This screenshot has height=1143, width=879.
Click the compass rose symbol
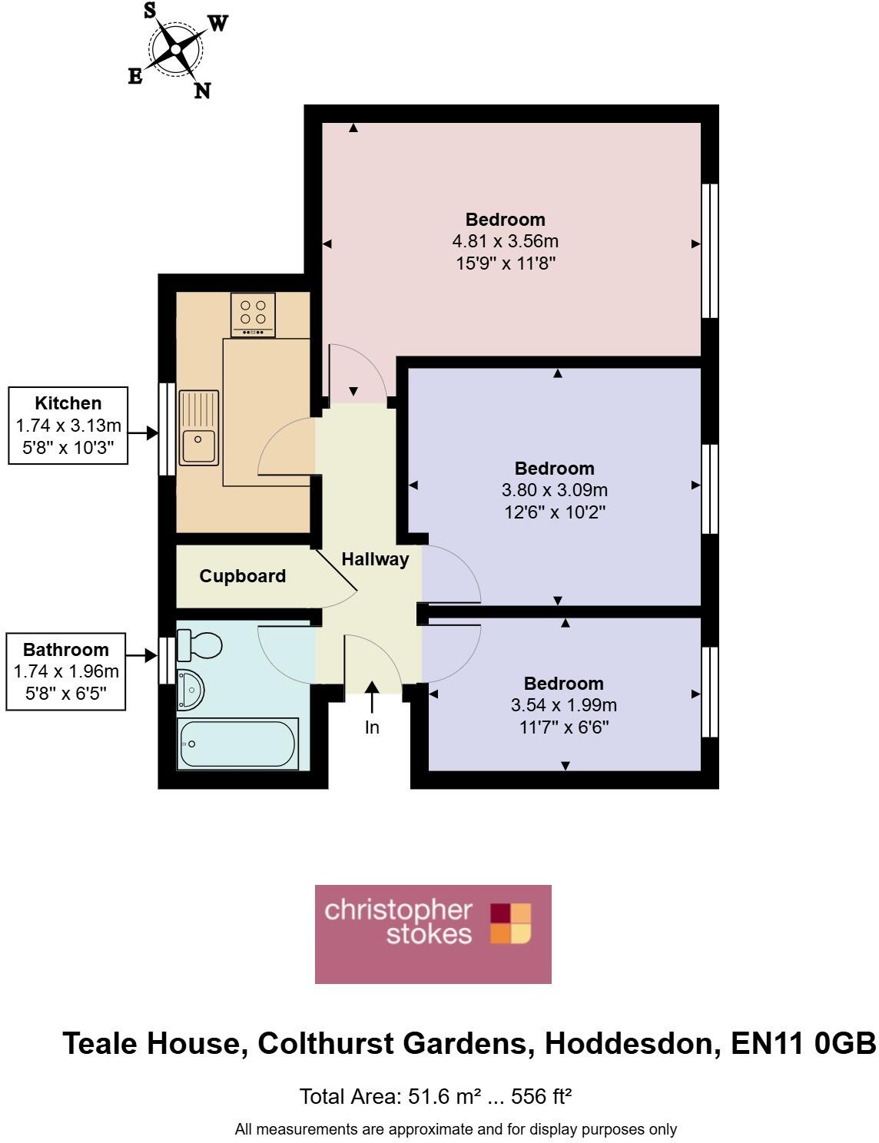coord(175,50)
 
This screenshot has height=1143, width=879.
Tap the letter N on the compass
coord(202,91)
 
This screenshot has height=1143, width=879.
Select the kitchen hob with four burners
coord(253,314)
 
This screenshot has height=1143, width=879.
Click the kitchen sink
coord(198,428)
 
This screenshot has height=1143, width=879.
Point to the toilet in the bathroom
coord(199,645)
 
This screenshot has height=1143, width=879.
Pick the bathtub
coord(237,744)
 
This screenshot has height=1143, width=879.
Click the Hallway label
coord(375,559)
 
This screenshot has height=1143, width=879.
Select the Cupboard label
coord(242,576)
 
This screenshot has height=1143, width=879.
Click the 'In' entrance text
coord(372,727)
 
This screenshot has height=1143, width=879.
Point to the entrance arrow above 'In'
coord(372,697)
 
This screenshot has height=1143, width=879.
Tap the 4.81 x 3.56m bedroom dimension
coord(505,241)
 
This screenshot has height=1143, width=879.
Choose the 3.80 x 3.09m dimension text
coord(554,490)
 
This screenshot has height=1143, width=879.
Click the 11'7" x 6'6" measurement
coord(563,727)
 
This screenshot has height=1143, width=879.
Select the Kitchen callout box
coord(68,426)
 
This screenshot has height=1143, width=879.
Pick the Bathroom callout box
coord(66,671)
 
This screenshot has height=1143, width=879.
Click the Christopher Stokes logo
coord(433,934)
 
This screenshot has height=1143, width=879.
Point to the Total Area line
coord(435,1096)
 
